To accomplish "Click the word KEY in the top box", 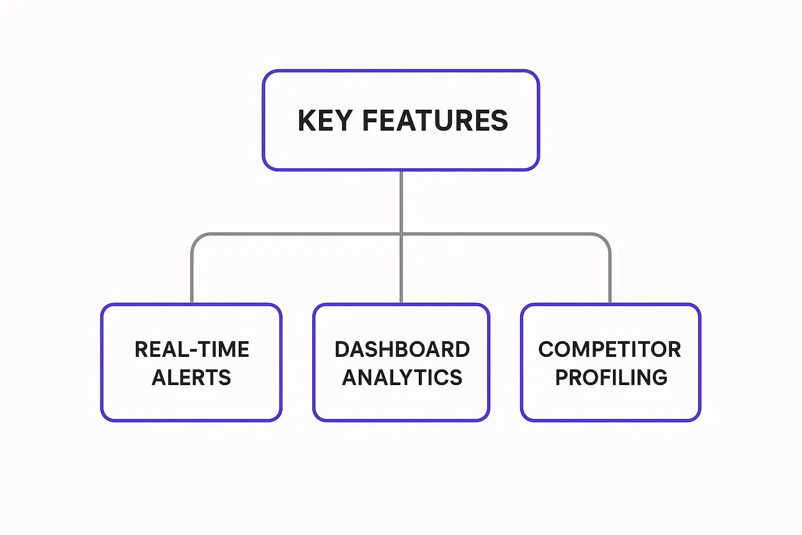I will tap(325, 121).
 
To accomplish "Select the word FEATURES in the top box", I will tap(435, 121).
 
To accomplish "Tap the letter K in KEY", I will tap(306, 121).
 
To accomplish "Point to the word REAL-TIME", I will tap(192, 350).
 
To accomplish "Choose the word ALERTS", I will tap(191, 377).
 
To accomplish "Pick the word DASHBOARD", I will tap(402, 350).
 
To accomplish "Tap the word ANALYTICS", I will tap(402, 377).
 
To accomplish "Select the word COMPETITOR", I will tap(609, 350).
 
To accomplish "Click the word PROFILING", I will tap(611, 377).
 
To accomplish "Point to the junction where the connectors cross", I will tap(401, 234).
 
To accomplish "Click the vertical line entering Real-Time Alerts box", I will tap(192, 277).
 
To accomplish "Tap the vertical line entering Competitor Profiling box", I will tap(609, 277).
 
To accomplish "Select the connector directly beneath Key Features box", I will tap(401, 201).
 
